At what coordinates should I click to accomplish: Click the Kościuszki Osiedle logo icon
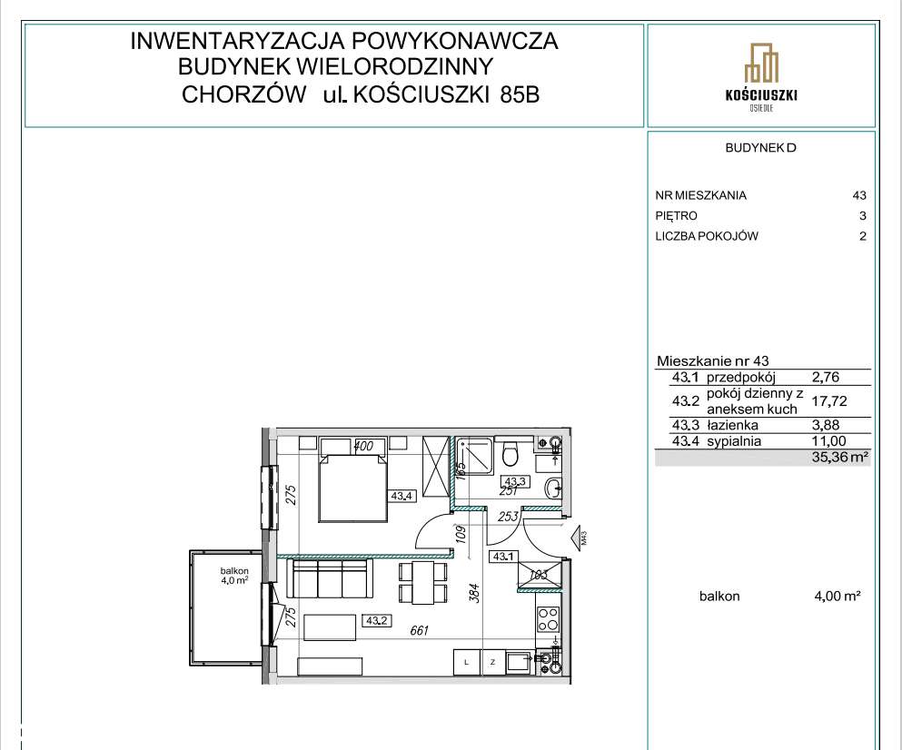[x=761, y=64]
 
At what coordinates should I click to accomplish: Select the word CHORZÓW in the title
[x=243, y=95]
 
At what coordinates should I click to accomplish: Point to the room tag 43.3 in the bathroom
[x=516, y=482]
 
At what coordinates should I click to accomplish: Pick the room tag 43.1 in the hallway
[x=501, y=556]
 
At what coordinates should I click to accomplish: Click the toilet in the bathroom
[x=511, y=451]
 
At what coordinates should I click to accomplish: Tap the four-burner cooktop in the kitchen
[x=549, y=618]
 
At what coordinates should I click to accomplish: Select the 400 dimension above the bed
[x=364, y=446]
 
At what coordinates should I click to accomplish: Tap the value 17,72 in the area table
[x=828, y=398]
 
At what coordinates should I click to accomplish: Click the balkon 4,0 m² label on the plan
[x=233, y=576]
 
